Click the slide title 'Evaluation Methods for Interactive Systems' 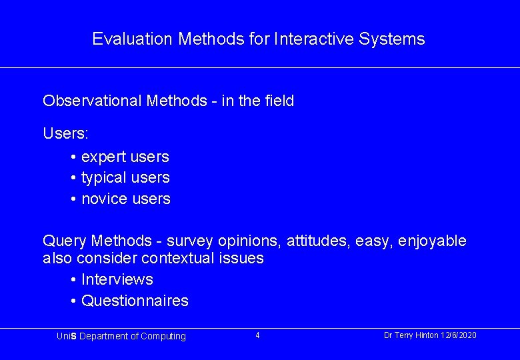pyautogui.click(x=259, y=39)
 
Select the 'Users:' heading pyautogui.click(x=65, y=133)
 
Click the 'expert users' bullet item pyautogui.click(x=125, y=157)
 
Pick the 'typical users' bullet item pyautogui.click(x=125, y=178)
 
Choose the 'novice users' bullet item pyautogui.click(x=125, y=199)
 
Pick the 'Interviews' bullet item pyautogui.click(x=117, y=279)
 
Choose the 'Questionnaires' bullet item pyautogui.click(x=135, y=301)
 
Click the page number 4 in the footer pyautogui.click(x=257, y=335)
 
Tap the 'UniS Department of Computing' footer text pyautogui.click(x=121, y=337)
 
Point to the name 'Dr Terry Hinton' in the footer pyautogui.click(x=411, y=335)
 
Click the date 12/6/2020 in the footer pyautogui.click(x=459, y=335)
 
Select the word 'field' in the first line pyautogui.click(x=279, y=101)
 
